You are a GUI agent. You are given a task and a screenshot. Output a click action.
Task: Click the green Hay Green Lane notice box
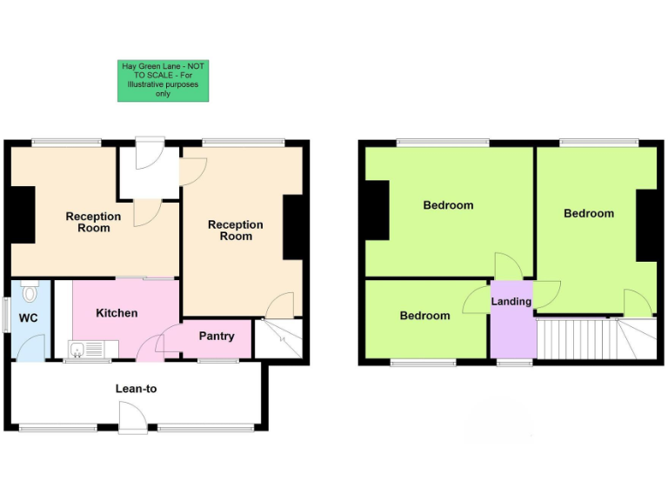pyautogui.click(x=164, y=80)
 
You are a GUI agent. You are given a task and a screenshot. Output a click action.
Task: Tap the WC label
pyautogui.click(x=29, y=318)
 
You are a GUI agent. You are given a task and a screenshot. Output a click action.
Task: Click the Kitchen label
pyautogui.click(x=117, y=313)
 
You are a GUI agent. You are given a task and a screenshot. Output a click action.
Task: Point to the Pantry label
pyautogui.click(x=217, y=336)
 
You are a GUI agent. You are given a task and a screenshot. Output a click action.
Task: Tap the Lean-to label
pyautogui.click(x=136, y=389)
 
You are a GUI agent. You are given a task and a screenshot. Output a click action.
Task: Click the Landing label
pyautogui.click(x=511, y=302)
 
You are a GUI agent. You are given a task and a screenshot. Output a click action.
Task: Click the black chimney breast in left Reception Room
pyautogui.click(x=21, y=214)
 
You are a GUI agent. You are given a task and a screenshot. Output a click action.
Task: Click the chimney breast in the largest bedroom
pyautogui.click(x=377, y=210)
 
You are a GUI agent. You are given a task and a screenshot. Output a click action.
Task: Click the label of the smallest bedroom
pyautogui.click(x=424, y=316)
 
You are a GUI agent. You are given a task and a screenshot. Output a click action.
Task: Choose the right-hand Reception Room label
pyautogui.click(x=235, y=230)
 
